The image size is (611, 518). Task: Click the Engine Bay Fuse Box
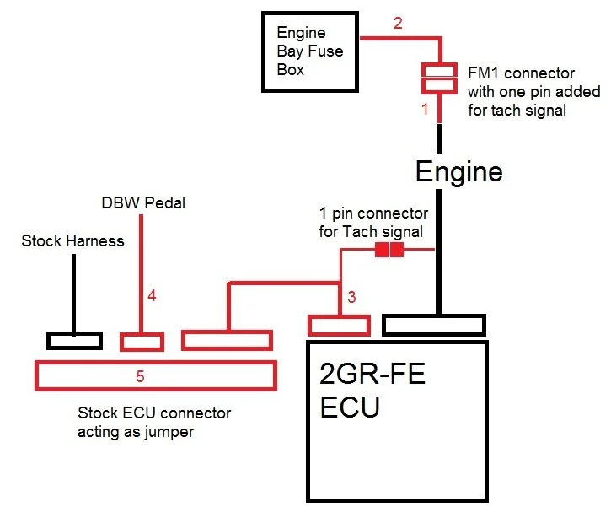pyautogui.click(x=311, y=51)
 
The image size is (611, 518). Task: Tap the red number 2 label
pyautogui.click(x=399, y=23)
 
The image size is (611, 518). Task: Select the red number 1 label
pyautogui.click(x=425, y=109)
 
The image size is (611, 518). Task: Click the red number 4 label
pyautogui.click(x=152, y=295)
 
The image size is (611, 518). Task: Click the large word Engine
pyautogui.click(x=458, y=172)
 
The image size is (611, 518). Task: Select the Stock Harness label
pyautogui.click(x=72, y=241)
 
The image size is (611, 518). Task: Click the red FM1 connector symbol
pyautogui.click(x=438, y=78)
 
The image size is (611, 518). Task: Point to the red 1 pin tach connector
pyautogui.click(x=389, y=251)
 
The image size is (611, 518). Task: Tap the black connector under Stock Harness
pyautogui.click(x=74, y=341)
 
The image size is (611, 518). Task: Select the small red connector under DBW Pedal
pyautogui.click(x=142, y=342)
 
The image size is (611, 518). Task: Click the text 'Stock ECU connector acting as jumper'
pyautogui.click(x=153, y=422)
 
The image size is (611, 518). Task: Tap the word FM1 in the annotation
pyautogui.click(x=483, y=73)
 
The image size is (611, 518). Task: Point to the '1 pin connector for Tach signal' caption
pyautogui.click(x=373, y=223)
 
